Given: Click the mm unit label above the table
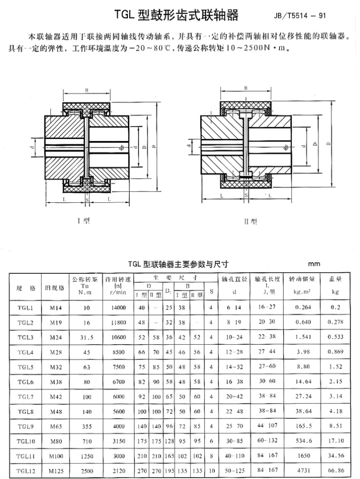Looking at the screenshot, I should (314, 264).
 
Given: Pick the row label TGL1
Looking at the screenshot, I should (25, 308).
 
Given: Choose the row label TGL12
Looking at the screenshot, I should (25, 471).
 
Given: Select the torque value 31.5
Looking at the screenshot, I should (87, 337).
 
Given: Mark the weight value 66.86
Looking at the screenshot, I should (335, 471).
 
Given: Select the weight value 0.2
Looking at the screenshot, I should (335, 308).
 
